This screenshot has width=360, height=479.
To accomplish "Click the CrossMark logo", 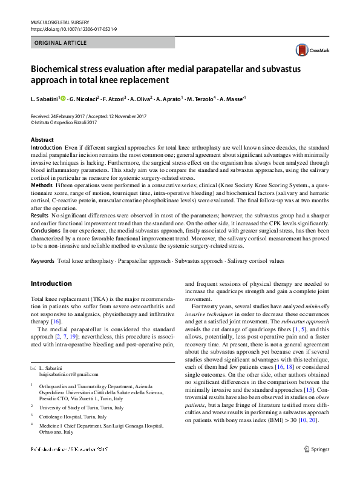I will (307, 50).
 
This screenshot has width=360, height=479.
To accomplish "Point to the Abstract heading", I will (42, 140).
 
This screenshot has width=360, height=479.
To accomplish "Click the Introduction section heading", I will (51, 283).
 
